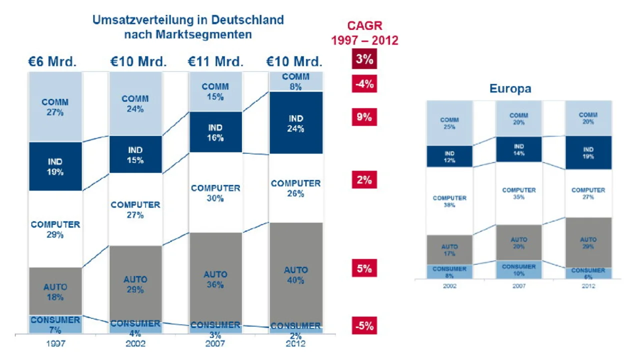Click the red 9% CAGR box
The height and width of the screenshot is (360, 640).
tap(364, 117)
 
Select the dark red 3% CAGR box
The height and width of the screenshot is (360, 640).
tap(364, 59)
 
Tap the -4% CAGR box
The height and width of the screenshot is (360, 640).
tap(364, 84)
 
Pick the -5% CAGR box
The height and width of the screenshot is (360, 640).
tap(364, 326)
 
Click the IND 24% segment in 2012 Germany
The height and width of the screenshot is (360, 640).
tap(296, 123)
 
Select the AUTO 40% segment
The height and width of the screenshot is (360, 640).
tap(296, 274)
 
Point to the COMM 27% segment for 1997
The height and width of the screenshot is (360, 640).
tap(55, 107)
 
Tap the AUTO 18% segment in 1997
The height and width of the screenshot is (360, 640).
tap(55, 291)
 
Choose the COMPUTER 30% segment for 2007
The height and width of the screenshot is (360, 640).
tap(215, 193)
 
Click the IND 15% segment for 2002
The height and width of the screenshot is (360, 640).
tap(135, 154)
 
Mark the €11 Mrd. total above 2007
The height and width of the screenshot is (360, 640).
tap(215, 62)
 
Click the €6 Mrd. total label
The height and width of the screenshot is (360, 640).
tap(52, 62)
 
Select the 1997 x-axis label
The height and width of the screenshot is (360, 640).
tap(55, 344)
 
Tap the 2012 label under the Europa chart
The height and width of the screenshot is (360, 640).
tap(588, 286)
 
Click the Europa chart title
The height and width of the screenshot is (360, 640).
tap(510, 89)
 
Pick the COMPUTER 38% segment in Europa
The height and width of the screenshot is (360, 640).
tap(449, 201)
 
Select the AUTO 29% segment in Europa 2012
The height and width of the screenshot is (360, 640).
tap(588, 243)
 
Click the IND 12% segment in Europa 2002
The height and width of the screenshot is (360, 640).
tap(449, 156)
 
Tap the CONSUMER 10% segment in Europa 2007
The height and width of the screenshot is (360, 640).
tap(518, 269)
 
